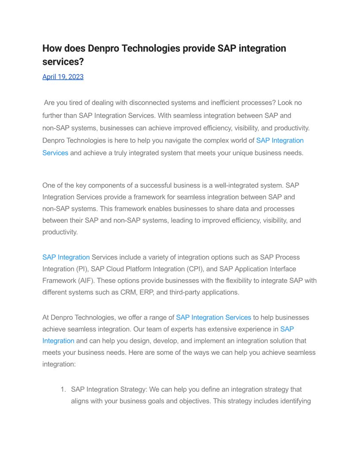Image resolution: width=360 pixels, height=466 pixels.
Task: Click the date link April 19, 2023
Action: point(63,77)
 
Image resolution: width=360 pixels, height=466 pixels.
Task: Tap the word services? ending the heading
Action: point(63,62)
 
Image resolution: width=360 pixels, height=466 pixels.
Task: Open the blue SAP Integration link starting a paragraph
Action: point(66,257)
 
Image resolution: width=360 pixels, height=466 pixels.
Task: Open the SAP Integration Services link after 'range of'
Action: point(214,317)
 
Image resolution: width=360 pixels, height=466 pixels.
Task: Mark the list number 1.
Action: point(63,390)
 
